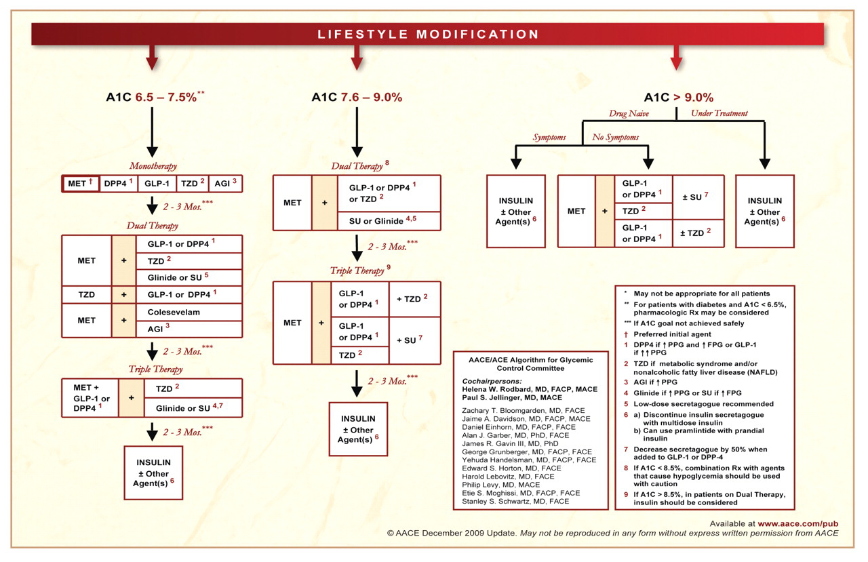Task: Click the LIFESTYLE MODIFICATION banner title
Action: point(428,34)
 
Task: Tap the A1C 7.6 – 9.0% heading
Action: point(357,98)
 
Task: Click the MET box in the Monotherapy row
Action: point(81,184)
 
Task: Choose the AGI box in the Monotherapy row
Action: point(225,184)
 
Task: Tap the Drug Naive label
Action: point(629,114)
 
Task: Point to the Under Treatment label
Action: point(719,114)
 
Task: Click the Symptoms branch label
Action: point(549,138)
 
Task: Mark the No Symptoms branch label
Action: point(616,138)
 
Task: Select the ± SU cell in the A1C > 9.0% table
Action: point(697,197)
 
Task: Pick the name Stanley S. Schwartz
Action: point(515,502)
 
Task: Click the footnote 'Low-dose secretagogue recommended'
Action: point(698,404)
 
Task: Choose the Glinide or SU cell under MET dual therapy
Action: point(177,277)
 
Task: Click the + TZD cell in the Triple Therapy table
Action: point(414,299)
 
